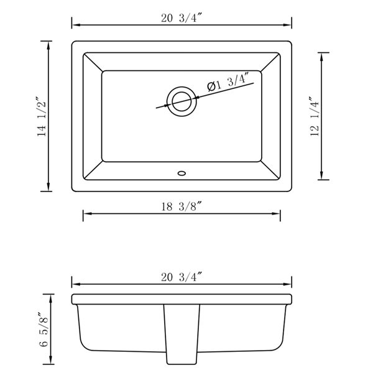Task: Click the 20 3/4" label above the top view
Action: click(x=182, y=17)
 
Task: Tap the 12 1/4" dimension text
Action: click(x=314, y=116)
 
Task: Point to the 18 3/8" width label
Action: click(x=182, y=205)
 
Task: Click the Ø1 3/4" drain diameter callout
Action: click(x=228, y=83)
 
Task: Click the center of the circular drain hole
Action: click(x=182, y=100)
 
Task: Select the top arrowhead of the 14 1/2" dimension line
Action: click(x=49, y=44)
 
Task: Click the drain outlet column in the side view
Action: click(x=181, y=336)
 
